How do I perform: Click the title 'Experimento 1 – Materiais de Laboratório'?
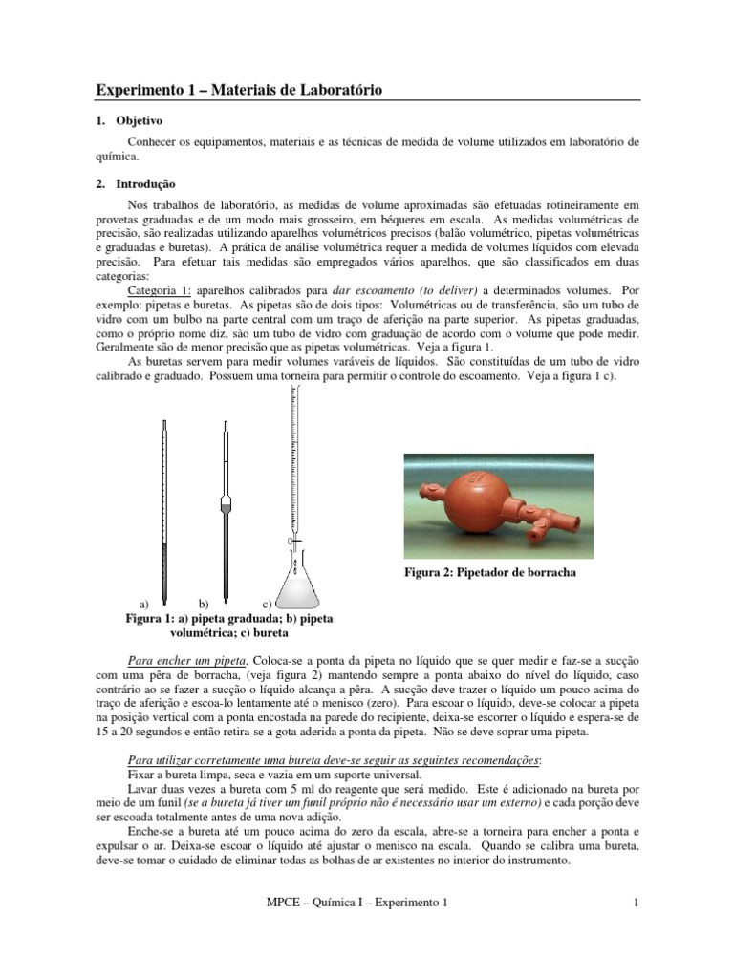point(239,90)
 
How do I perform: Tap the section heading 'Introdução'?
point(145,183)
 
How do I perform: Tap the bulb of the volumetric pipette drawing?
point(227,502)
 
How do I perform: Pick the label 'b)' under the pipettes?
point(203,605)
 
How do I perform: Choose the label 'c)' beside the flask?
point(267,605)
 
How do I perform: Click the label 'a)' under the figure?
point(144,605)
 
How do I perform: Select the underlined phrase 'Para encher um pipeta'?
point(188,661)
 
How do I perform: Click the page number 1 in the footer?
point(635,902)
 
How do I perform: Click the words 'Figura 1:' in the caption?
point(153,618)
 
